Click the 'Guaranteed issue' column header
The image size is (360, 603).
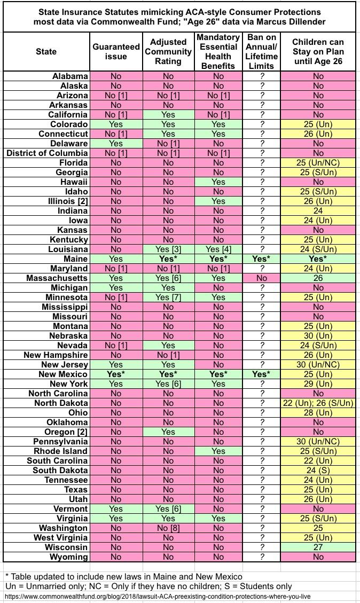[116, 52]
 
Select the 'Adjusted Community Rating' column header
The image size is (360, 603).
[168, 52]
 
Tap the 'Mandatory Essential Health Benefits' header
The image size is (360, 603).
[217, 52]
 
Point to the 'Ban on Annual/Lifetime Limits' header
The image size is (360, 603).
[261, 52]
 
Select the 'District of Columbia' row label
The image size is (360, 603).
[47, 153]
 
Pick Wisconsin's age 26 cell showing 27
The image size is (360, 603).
[318, 547]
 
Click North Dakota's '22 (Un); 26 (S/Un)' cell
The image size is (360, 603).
[318, 403]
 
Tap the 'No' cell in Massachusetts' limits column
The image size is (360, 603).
[261, 278]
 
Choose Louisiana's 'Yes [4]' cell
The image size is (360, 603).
[217, 249]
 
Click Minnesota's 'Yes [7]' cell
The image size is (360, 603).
[168, 297]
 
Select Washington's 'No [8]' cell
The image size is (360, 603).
[168, 528]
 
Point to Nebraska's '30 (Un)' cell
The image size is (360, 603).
[318, 336]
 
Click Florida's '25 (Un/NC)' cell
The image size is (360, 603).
[318, 163]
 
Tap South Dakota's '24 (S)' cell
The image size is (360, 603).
[318, 471]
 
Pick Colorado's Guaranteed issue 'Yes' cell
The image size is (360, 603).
[116, 124]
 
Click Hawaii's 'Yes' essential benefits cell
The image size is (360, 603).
[217, 182]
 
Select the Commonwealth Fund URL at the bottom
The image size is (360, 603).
[156, 596]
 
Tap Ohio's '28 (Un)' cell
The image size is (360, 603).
[318, 413]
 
